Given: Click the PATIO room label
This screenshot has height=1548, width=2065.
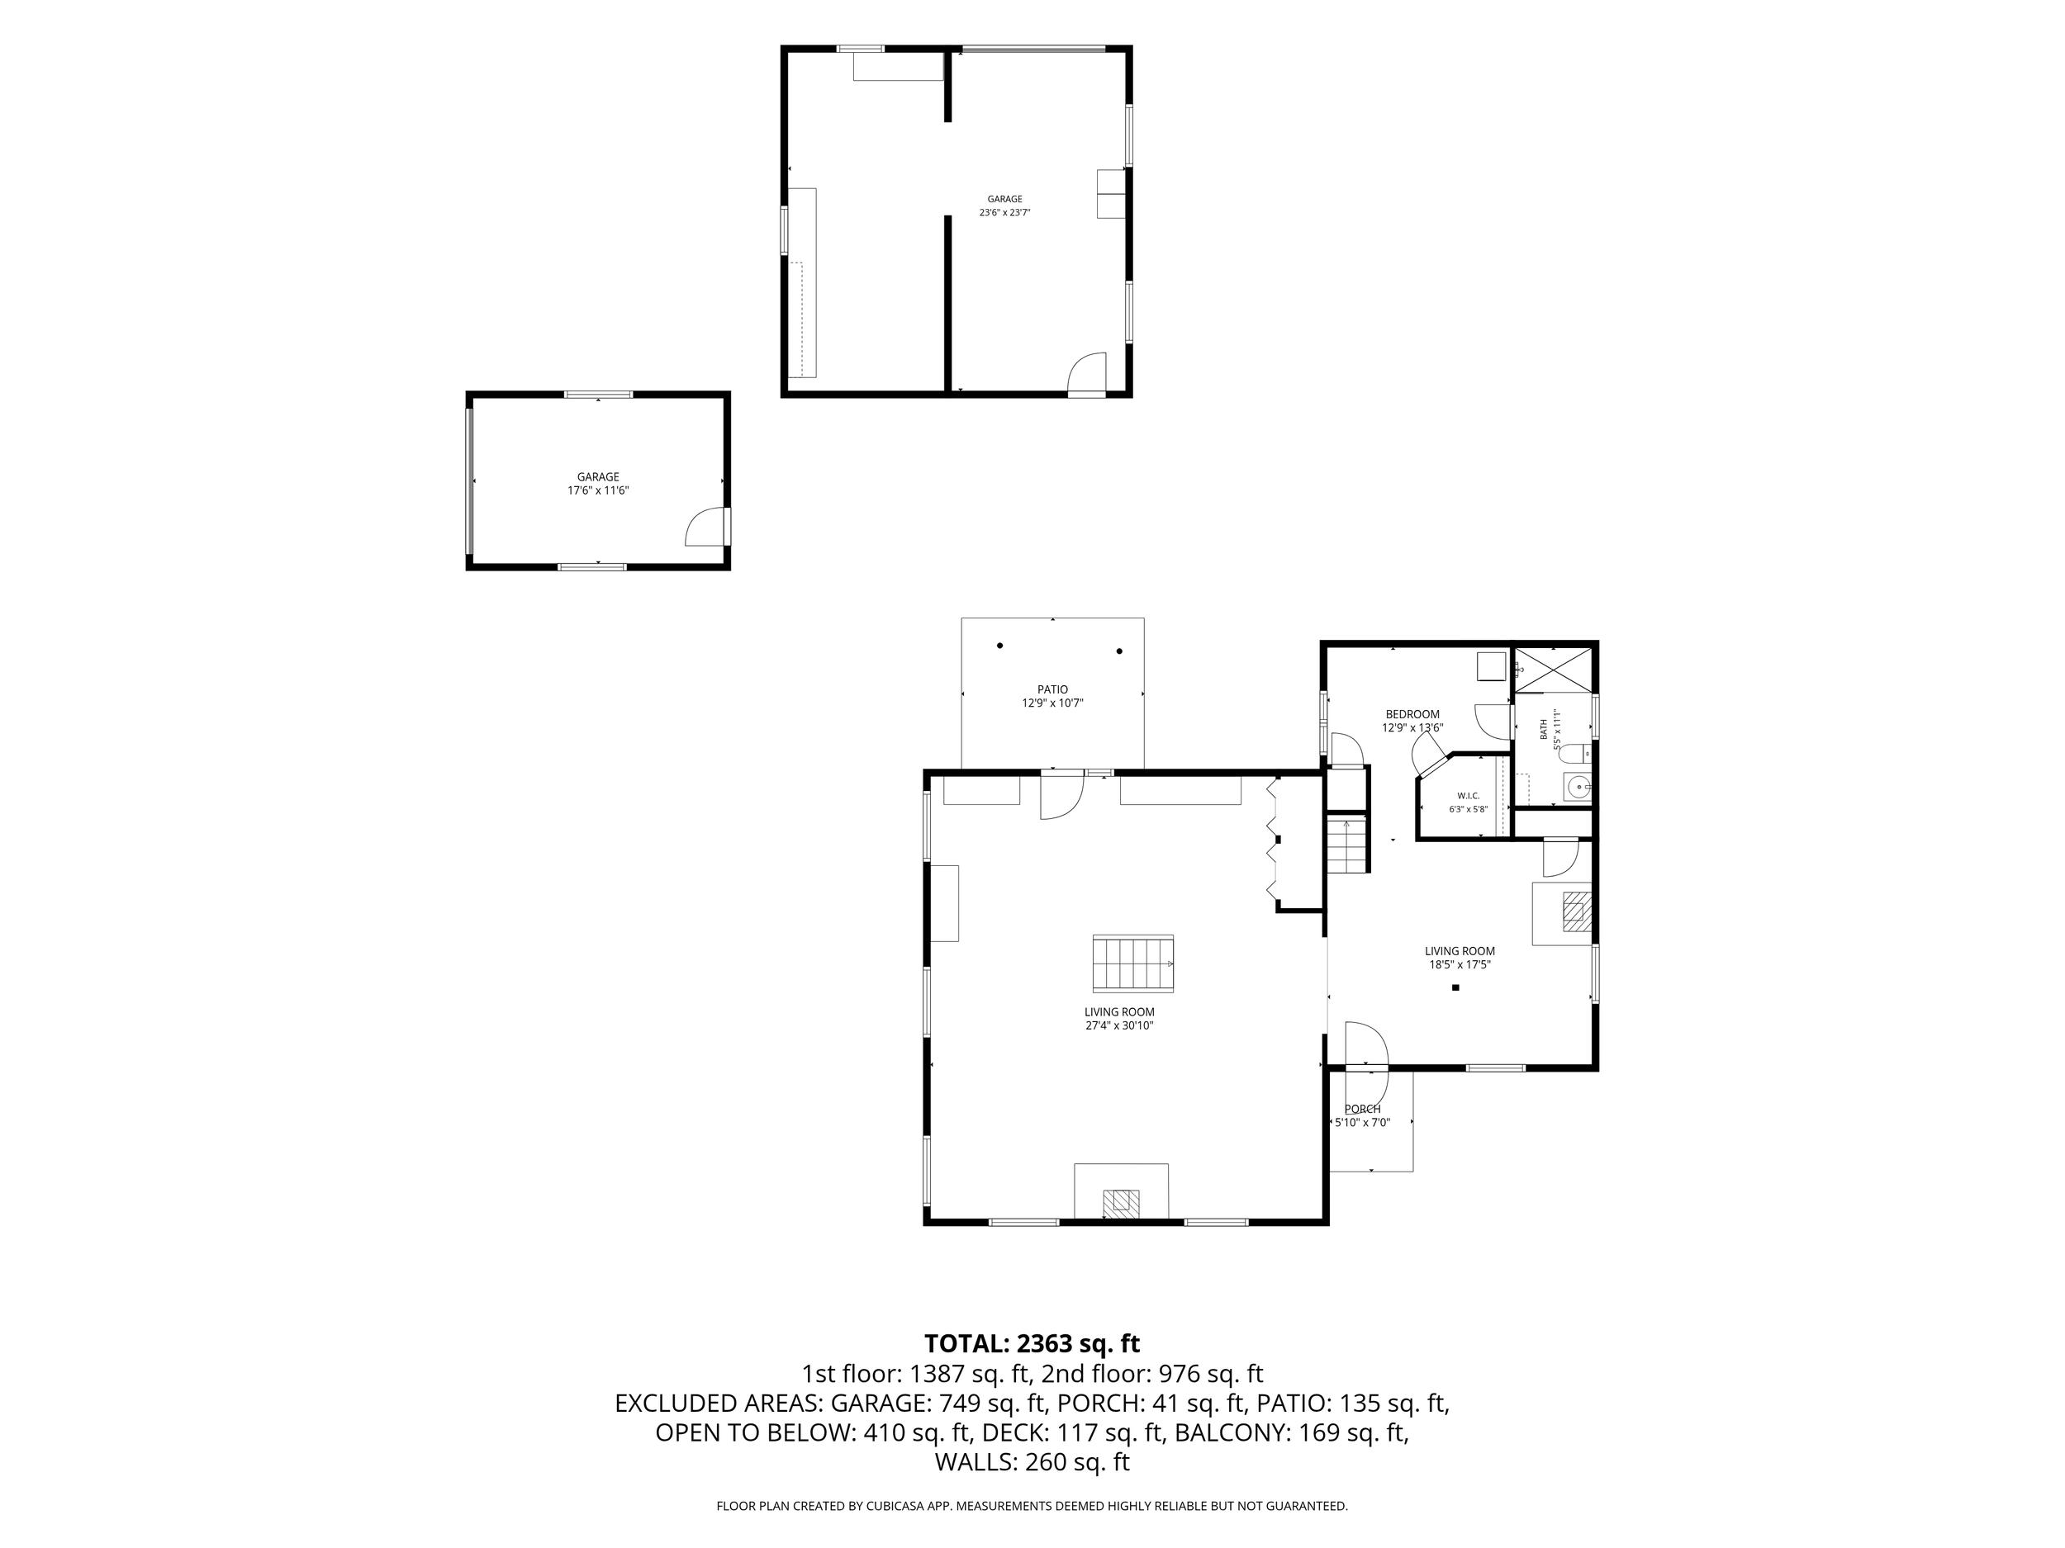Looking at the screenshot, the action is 1052,689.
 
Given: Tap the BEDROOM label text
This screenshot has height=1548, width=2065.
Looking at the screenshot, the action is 1412,715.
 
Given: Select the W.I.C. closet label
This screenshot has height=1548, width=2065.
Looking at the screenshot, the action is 1469,796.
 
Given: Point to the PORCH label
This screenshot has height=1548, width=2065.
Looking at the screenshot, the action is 1363,1110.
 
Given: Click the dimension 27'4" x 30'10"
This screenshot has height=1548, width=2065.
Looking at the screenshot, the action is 1119,1025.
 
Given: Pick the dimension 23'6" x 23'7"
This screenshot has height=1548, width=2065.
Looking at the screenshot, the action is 1004,213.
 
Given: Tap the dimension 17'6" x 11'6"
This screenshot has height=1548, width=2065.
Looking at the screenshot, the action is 598,490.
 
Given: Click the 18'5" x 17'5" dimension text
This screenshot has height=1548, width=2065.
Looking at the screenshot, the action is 1460,965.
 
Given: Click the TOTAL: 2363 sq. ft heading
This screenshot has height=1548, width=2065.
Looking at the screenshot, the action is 1032,1343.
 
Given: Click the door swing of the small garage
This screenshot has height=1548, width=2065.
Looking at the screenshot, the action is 705,526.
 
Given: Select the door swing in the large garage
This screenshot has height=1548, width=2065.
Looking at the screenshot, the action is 1087,373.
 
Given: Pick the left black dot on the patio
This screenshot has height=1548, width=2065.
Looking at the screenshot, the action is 999,646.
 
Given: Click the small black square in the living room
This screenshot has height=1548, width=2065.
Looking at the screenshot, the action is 1455,987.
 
